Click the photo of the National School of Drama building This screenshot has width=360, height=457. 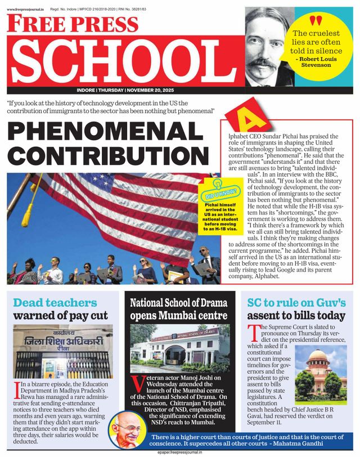click(179, 349)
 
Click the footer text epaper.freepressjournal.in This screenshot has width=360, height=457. click(179, 452)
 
